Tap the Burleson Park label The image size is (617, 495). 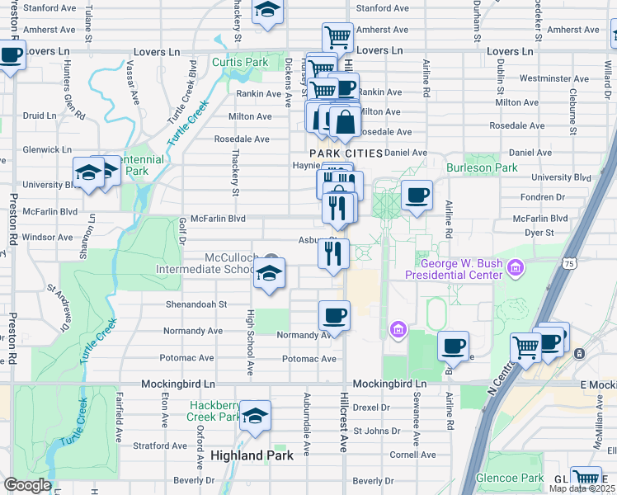482,167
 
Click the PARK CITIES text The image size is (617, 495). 346,153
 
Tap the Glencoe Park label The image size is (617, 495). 513,478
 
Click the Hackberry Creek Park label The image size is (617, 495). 214,411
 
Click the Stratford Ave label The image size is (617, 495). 157,445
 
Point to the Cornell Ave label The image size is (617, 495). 412,455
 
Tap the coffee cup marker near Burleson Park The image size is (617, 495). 417,196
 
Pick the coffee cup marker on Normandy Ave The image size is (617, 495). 334,315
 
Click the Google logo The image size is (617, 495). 27,485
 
